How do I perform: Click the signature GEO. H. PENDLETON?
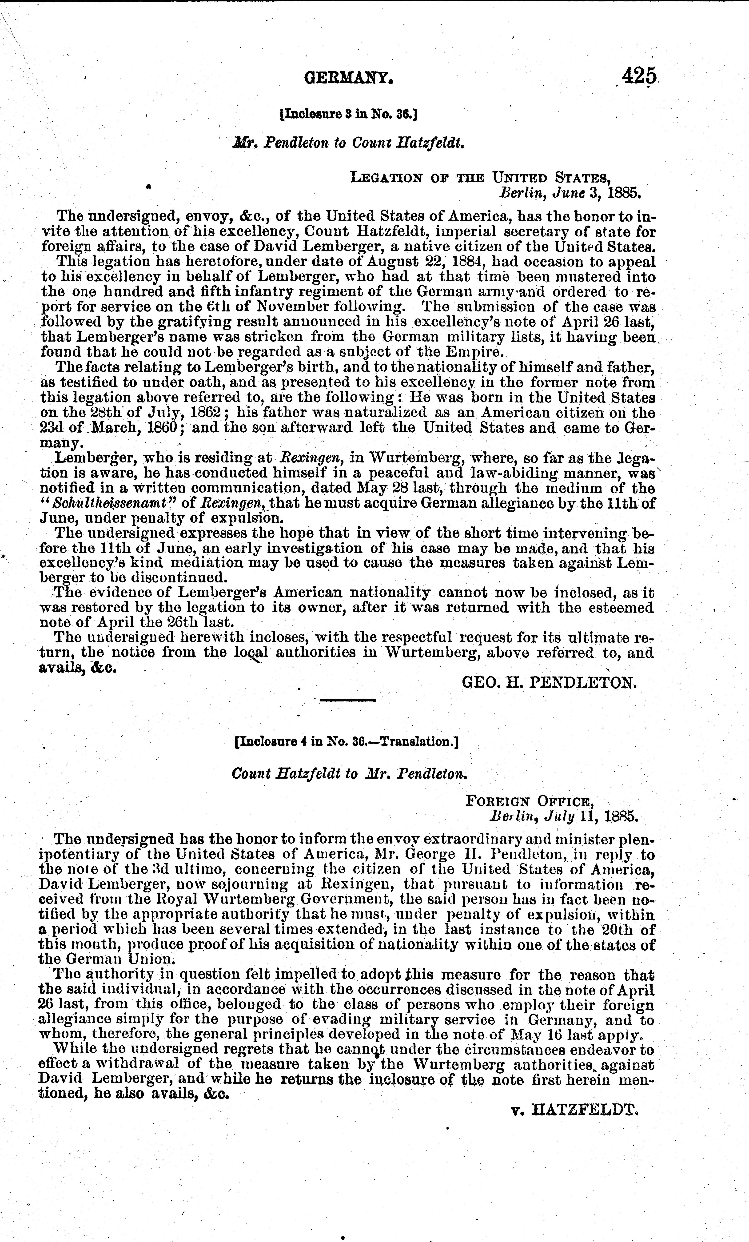pyautogui.click(x=550, y=682)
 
